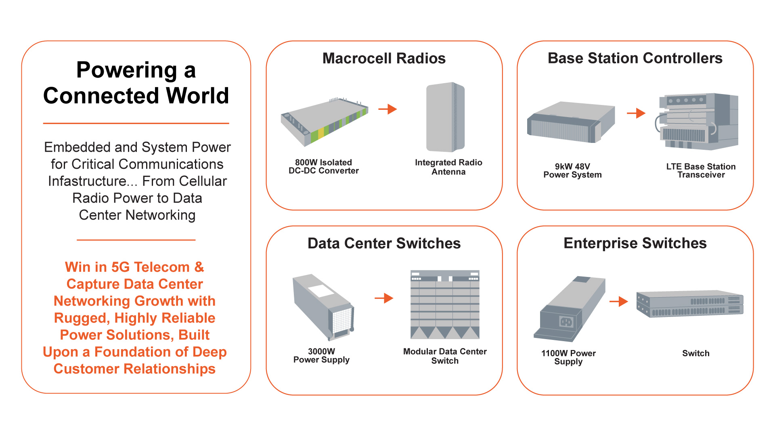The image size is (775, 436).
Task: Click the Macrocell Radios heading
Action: click(x=384, y=59)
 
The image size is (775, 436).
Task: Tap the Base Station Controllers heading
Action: click(x=635, y=58)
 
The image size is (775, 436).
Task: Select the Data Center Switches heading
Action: click(x=384, y=243)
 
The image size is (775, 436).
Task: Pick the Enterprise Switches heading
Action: click(x=635, y=243)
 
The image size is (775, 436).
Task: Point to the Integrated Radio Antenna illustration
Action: click(x=445, y=117)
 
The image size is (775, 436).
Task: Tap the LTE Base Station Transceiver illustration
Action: click(x=698, y=121)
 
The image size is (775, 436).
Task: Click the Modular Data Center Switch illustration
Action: click(x=445, y=305)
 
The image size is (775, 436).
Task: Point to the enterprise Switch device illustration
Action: click(x=690, y=304)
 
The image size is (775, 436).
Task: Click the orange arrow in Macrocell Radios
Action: click(x=388, y=109)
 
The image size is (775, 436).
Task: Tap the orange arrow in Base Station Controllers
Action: click(x=637, y=113)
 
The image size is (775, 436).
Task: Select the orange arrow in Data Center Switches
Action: click(x=384, y=298)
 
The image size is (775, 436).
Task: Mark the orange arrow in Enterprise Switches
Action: click(x=619, y=301)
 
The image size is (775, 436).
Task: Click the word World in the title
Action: click(x=197, y=96)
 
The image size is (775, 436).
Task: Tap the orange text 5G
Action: click(x=120, y=267)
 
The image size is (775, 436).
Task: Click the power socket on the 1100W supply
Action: click(x=566, y=322)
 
